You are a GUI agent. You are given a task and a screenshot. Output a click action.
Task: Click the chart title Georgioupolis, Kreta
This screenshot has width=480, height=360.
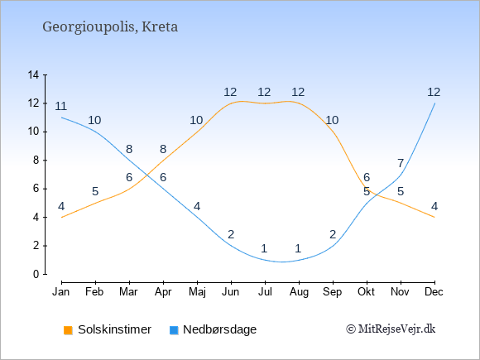110,27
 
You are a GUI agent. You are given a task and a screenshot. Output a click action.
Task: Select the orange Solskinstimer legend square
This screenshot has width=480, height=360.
68,330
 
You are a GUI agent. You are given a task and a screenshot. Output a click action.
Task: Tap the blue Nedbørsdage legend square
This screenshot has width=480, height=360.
174,330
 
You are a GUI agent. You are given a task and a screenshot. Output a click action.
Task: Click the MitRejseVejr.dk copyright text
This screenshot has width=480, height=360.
391,329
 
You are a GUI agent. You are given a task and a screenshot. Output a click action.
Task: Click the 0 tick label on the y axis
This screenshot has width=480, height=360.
36,274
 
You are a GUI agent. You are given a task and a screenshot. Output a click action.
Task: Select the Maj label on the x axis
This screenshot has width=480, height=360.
197,292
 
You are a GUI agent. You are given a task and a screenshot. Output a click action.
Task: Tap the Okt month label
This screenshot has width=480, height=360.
366,292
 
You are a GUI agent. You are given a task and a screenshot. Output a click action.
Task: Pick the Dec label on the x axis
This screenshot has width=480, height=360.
434,292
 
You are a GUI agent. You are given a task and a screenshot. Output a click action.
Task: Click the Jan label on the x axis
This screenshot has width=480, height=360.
61,292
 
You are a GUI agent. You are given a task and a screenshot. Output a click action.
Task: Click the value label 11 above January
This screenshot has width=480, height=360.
61,106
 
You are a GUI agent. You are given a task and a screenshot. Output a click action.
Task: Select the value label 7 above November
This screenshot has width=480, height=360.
401,164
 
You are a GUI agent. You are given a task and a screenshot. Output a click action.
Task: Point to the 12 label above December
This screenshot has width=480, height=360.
434,92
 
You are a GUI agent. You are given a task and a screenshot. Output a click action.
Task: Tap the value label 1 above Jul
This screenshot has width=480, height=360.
265,248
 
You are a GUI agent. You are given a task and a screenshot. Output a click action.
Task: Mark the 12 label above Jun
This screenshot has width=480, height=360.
230,92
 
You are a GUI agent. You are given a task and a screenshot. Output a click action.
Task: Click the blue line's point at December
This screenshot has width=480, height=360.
434,103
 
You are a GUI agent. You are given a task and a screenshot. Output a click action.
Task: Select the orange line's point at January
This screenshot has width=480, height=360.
62,218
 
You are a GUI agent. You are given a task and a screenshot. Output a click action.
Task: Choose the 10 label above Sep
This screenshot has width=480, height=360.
332,120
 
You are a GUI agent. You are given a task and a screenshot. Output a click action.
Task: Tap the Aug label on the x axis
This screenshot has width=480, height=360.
299,292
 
